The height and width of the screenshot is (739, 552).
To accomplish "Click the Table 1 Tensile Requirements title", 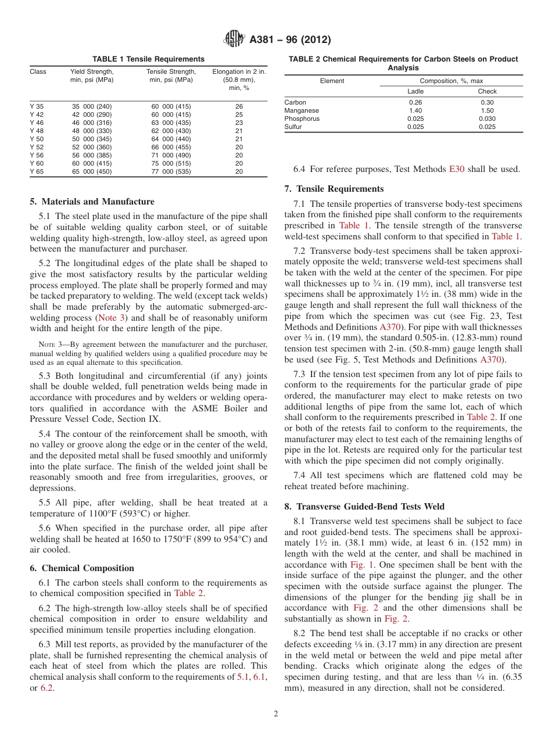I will pyautogui.click(x=148, y=59).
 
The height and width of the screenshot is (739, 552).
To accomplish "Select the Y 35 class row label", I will pyautogui.click(x=37, y=107).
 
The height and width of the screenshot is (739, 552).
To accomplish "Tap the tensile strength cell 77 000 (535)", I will pyautogui.click(x=171, y=172).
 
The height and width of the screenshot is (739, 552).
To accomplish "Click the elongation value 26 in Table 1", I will pyautogui.click(x=239, y=107).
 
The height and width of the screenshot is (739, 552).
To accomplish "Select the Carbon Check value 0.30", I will pyautogui.click(x=487, y=102).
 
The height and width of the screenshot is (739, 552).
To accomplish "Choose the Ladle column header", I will pyautogui.click(x=415, y=91).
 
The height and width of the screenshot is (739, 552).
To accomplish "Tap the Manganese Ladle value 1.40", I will pyautogui.click(x=415, y=110).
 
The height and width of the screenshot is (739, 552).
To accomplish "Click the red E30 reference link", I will pyautogui.click(x=456, y=170).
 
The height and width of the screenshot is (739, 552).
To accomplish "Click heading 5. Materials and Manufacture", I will pyautogui.click(x=92, y=202).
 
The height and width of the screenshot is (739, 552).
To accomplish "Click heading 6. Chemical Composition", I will pyautogui.click(x=82, y=568).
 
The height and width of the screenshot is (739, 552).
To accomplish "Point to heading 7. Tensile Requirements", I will pyautogui.click(x=334, y=189).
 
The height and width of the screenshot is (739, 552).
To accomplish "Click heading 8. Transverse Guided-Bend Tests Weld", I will pyautogui.click(x=364, y=507).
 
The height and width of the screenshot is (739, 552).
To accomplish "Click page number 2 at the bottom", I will pyautogui.click(x=276, y=714).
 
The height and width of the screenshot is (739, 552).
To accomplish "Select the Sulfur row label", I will pyautogui.click(x=293, y=127).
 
